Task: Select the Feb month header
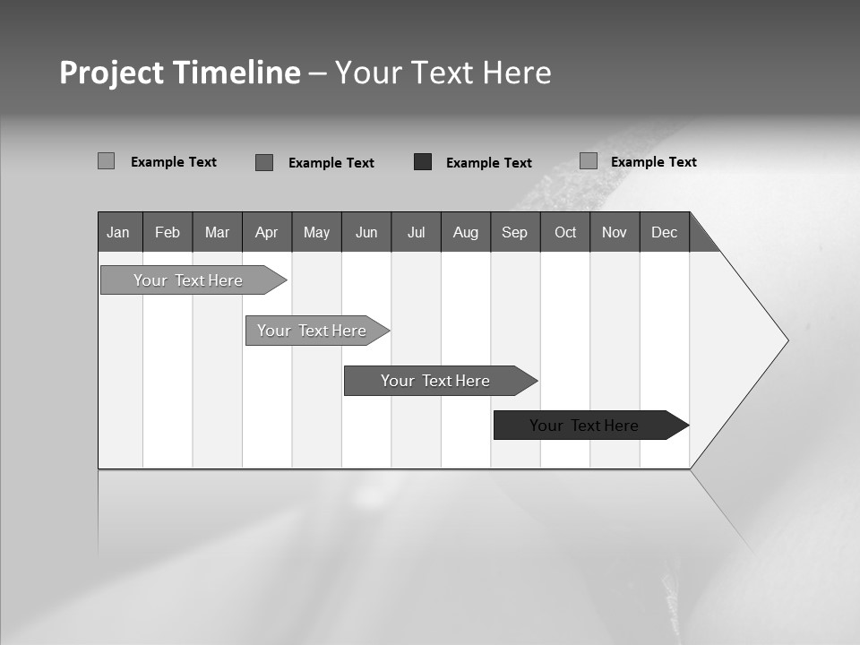coord(168,232)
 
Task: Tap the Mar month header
coord(217,232)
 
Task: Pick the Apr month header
coord(267,232)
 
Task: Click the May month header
coord(316,232)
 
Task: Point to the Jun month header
coord(366,232)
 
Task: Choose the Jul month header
coord(416,232)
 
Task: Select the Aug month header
coord(466,232)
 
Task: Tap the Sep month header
coord(515,232)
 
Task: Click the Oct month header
coord(565,232)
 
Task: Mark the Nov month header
coord(615,232)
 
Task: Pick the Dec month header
coord(665,232)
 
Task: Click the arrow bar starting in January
coord(188,280)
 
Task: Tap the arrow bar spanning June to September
coord(435,381)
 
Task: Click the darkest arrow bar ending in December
coord(584,426)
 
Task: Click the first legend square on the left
coord(107,161)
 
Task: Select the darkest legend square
coord(423,162)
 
